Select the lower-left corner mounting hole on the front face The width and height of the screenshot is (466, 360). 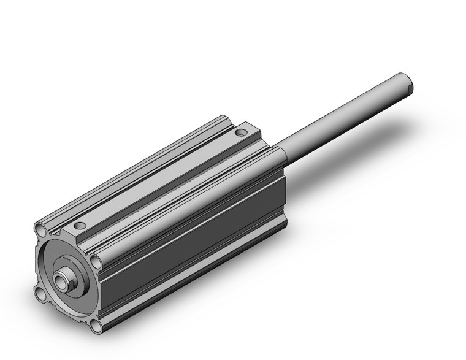click(40, 296)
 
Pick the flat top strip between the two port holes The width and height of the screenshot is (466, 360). click(159, 178)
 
